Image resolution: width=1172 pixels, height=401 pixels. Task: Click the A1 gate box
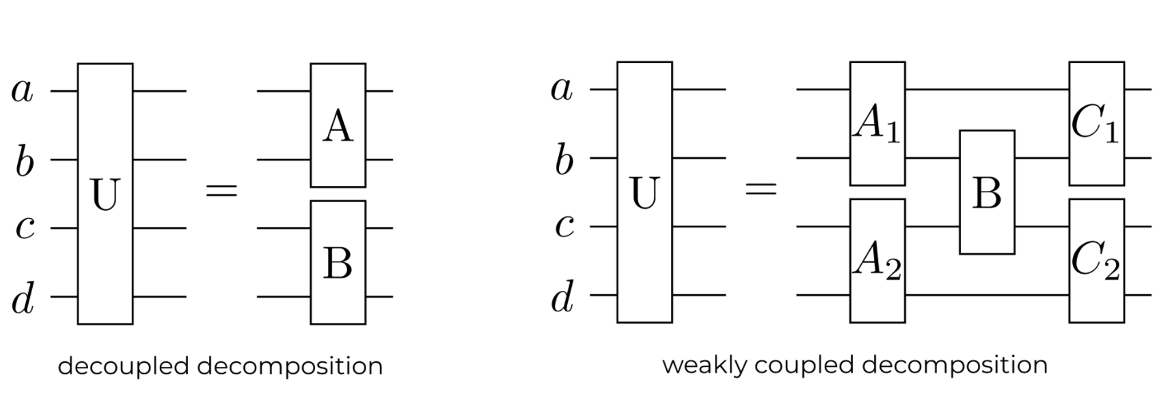click(x=877, y=124)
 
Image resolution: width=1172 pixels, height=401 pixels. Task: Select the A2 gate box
click(x=877, y=261)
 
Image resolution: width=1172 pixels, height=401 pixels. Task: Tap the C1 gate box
click(x=1096, y=124)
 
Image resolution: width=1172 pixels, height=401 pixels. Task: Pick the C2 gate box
click(x=1096, y=261)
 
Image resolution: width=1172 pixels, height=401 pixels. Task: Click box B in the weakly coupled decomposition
click(x=987, y=192)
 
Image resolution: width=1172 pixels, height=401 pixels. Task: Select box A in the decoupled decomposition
click(x=338, y=125)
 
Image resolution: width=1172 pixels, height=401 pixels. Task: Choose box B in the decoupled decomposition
click(x=338, y=262)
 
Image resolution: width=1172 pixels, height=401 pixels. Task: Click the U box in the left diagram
click(x=105, y=194)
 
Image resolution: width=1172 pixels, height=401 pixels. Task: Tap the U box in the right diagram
click(x=644, y=192)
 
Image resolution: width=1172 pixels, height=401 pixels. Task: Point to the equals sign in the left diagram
click(x=221, y=190)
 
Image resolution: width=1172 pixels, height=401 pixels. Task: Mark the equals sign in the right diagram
click(x=761, y=188)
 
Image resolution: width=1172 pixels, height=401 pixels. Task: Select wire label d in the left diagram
click(x=23, y=299)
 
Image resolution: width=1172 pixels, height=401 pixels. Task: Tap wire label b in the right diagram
click(x=563, y=161)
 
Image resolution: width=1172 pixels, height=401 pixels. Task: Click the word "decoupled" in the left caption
click(x=123, y=367)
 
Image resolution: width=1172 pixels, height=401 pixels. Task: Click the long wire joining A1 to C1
click(x=987, y=90)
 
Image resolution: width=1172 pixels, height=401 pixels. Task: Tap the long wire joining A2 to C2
click(x=987, y=295)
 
